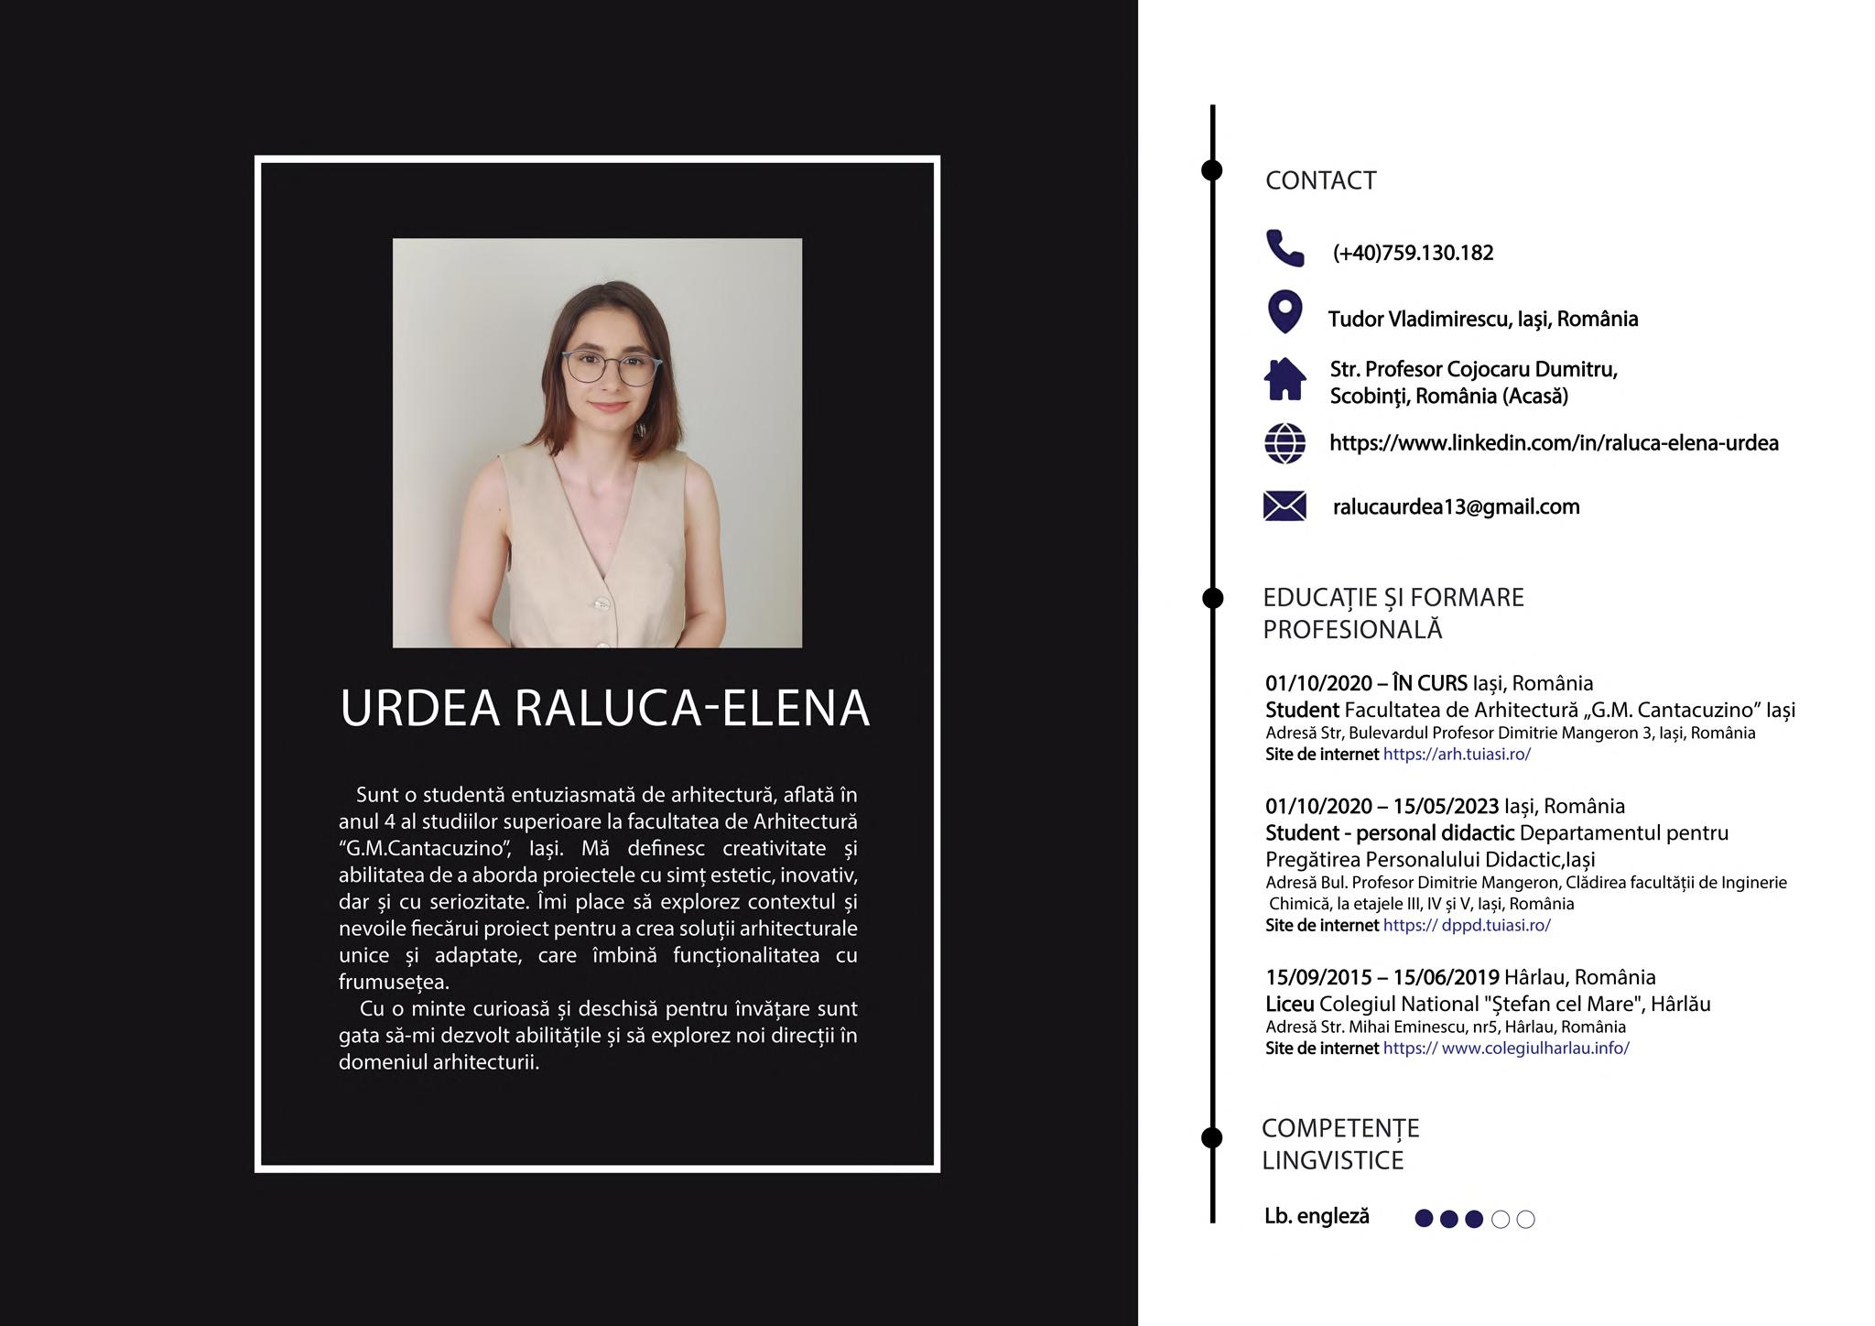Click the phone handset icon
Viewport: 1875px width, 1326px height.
[x=1284, y=248]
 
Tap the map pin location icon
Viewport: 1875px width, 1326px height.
[x=1284, y=312]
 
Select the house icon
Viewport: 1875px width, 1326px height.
[x=1284, y=379]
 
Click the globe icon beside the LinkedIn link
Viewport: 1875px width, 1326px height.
[x=1284, y=443]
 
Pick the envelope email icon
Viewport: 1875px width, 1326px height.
[x=1284, y=505]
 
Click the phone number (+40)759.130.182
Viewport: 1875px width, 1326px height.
[x=1413, y=253]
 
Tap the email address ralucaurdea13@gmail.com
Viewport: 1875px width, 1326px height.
[x=1456, y=506]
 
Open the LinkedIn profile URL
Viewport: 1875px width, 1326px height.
[x=1554, y=443]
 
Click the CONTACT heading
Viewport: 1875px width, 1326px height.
[x=1320, y=180]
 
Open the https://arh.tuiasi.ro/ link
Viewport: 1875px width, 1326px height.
[x=1457, y=755]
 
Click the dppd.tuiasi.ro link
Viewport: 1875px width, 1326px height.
[x=1467, y=925]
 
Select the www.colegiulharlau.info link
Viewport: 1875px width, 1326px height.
[x=1506, y=1049]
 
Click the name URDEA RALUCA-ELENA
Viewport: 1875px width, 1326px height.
[x=604, y=708]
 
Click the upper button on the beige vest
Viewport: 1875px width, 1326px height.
[x=602, y=603]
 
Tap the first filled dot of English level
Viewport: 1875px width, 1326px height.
[x=1424, y=1219]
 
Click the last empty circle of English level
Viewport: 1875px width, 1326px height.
[x=1525, y=1219]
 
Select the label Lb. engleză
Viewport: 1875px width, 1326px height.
[x=1317, y=1216]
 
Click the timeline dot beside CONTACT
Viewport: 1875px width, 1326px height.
[x=1211, y=170]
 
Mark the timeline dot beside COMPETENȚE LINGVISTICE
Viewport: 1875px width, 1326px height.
[x=1211, y=1138]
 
